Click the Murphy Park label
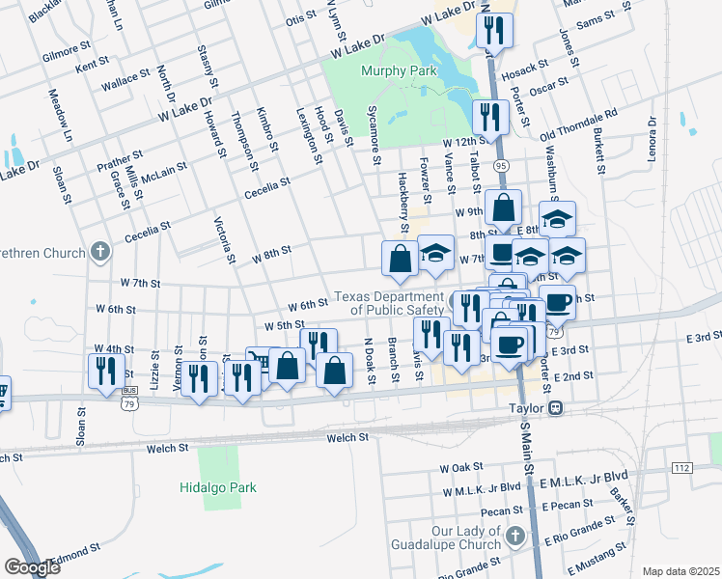[x=398, y=70]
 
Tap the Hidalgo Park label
[x=217, y=487]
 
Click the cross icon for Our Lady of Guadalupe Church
[x=515, y=536]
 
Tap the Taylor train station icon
[x=556, y=408]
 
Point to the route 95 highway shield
[x=500, y=166]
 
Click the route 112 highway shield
[x=681, y=468]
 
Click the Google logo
[x=32, y=566]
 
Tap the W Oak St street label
[x=460, y=468]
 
